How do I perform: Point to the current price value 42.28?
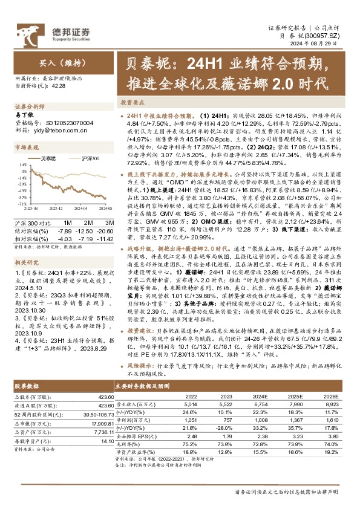point(59,86)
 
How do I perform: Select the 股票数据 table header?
point(25,384)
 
